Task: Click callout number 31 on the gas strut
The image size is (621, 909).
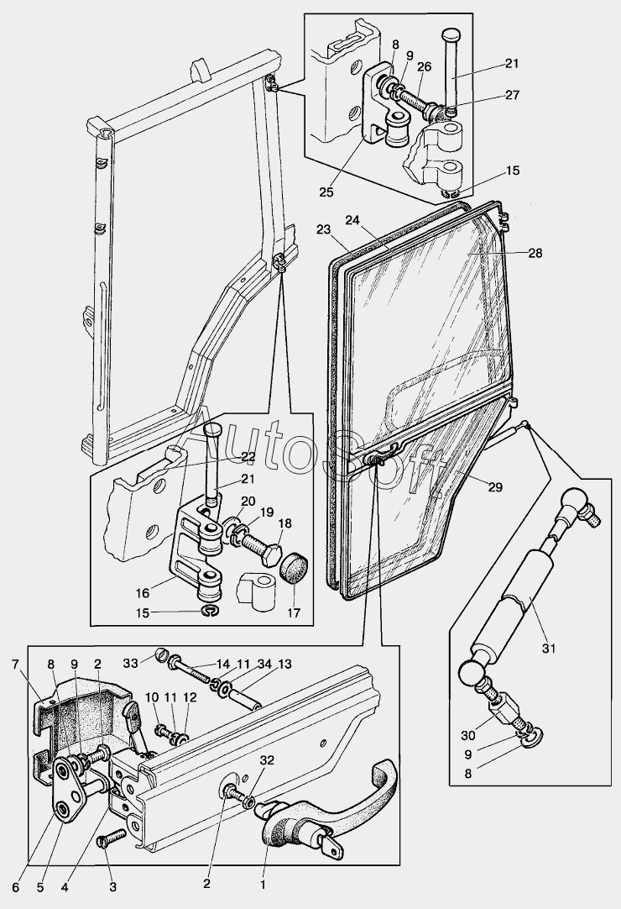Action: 548,648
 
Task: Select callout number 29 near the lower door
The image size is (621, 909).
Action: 495,487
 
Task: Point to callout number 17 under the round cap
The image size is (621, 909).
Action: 294,612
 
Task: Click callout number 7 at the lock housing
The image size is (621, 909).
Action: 15,665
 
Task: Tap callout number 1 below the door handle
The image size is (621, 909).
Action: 263,901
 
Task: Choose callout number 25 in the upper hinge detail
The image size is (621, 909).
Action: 326,192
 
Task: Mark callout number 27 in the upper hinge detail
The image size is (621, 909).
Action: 512,95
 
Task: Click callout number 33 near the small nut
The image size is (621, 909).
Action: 132,662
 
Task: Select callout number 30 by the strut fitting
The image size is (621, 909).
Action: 467,735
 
